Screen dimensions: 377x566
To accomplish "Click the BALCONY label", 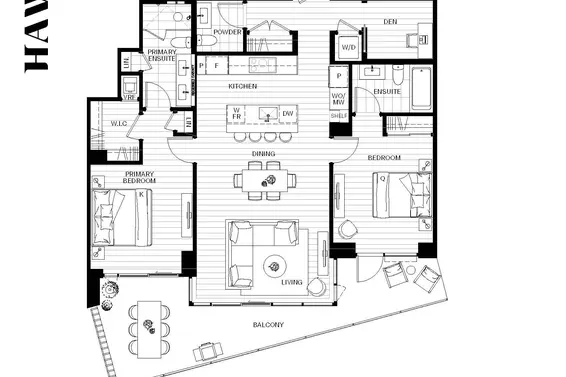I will pyautogui.click(x=268, y=325).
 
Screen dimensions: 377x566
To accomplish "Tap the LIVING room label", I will pyautogui.click(x=291, y=282).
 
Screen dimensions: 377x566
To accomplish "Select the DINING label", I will pyautogui.click(x=263, y=153).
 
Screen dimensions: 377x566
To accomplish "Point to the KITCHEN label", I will pyautogui.click(x=242, y=87).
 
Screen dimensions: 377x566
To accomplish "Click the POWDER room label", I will pyautogui.click(x=227, y=32).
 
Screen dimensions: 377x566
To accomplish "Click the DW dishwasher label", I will pyautogui.click(x=288, y=113).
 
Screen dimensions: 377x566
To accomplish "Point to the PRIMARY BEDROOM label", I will pyautogui.click(x=139, y=178).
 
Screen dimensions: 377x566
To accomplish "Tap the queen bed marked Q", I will pyautogui.click(x=402, y=193).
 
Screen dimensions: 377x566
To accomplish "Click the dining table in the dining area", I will pyautogui.click(x=267, y=180).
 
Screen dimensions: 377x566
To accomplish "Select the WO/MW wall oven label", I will pyautogui.click(x=338, y=98).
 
